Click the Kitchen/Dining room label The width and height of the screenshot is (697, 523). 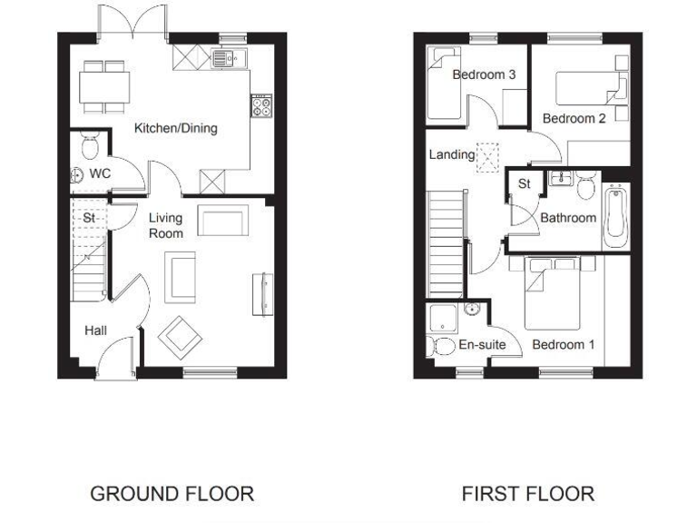[x=176, y=128]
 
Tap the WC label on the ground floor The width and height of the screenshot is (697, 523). [x=100, y=172]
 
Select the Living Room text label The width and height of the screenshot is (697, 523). [x=166, y=225]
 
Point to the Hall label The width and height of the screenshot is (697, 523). [x=95, y=331]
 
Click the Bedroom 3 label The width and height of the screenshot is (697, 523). [x=485, y=74]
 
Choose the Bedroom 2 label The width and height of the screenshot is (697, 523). [x=574, y=119]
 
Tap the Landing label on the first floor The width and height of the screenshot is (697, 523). [x=451, y=155]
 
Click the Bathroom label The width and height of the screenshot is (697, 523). [x=568, y=218]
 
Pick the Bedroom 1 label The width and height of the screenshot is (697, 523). [x=563, y=345]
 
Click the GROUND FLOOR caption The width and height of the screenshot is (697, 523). [x=172, y=494]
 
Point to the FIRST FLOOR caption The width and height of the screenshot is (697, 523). [x=527, y=494]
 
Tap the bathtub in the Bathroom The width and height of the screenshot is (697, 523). [x=614, y=215]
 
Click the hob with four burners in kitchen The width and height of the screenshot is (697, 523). [x=261, y=108]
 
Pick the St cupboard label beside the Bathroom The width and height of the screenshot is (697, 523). [x=525, y=184]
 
